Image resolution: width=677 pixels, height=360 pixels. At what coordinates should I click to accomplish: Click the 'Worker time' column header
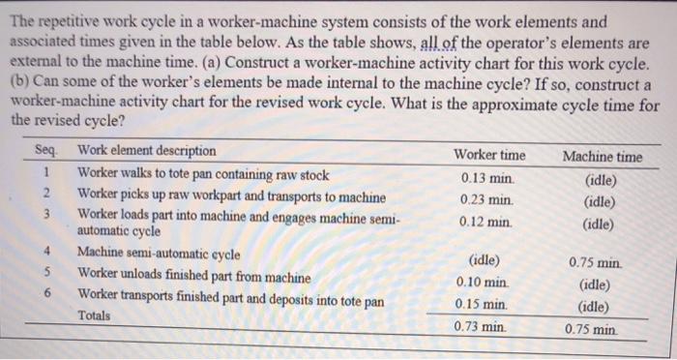point(489,155)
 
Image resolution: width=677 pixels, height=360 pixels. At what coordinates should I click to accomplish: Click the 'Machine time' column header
point(602,156)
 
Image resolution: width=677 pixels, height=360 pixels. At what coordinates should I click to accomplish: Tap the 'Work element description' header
point(147,151)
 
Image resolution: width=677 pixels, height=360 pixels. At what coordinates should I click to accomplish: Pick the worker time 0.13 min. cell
point(486,177)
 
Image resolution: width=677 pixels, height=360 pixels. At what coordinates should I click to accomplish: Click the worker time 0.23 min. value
point(486,199)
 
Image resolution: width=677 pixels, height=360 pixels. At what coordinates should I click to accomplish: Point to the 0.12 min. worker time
point(486,221)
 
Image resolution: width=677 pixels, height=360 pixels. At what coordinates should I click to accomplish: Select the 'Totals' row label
point(94,315)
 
